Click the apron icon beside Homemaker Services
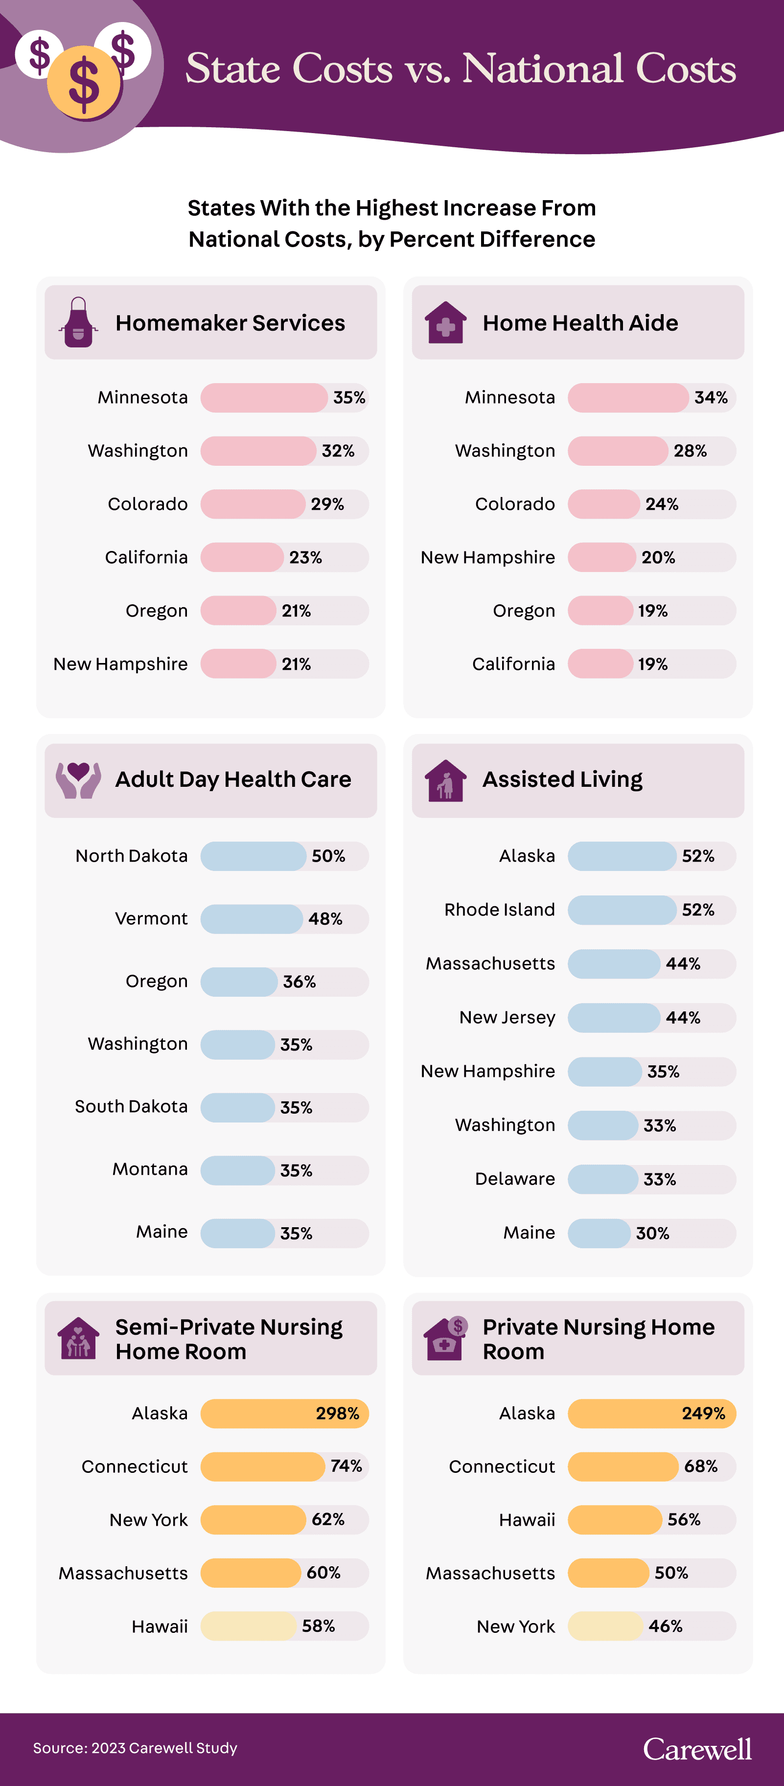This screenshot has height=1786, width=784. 79,322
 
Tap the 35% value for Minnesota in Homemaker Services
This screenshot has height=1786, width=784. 348,398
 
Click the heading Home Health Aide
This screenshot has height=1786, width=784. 580,323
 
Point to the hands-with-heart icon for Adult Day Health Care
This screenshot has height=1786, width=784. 78,780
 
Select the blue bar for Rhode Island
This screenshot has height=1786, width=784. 622,910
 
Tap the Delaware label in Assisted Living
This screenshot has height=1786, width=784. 515,1179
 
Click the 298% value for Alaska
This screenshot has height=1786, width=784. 338,1414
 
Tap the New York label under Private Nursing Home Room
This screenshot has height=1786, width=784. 516,1626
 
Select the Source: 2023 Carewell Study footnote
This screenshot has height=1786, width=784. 135,1748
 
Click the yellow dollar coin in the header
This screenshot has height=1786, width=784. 84,83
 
